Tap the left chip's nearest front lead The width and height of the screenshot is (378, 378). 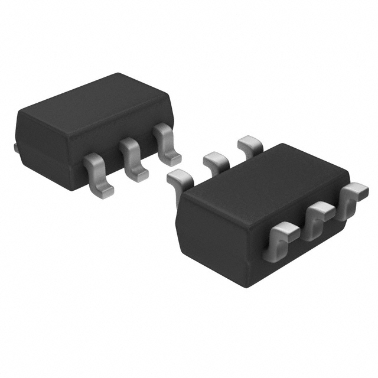(96, 174)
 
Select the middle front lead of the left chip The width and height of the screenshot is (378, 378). (132, 157)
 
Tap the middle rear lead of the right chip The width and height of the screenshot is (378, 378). (215, 159)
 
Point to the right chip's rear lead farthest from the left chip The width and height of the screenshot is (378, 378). (250, 144)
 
